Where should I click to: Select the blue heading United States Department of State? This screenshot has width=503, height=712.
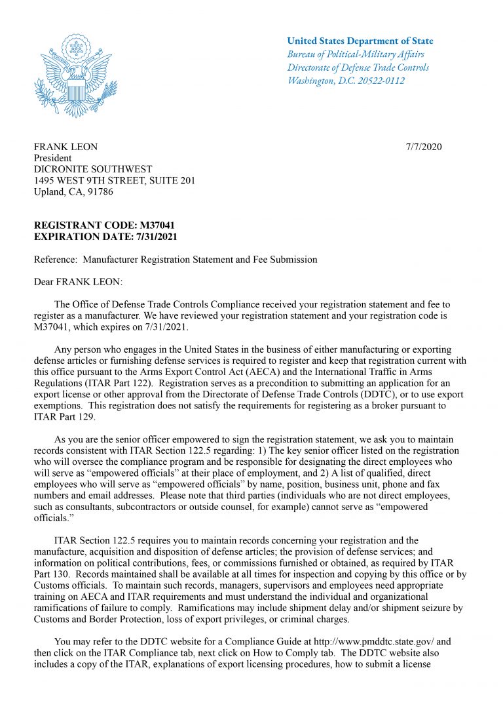pyautogui.click(x=360, y=41)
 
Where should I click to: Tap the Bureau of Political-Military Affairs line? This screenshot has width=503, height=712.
pyautogui.click(x=355, y=54)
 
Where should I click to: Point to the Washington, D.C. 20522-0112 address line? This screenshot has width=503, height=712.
pyautogui.click(x=346, y=81)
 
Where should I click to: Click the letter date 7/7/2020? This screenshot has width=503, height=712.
pyautogui.click(x=424, y=146)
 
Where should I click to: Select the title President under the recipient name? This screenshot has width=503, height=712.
pyautogui.click(x=52, y=158)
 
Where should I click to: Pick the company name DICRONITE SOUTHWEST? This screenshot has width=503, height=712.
pyautogui.click(x=92, y=169)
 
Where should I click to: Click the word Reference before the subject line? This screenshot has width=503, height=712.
pyautogui.click(x=55, y=260)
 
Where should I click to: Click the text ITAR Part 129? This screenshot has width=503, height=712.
pyautogui.click(x=64, y=417)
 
